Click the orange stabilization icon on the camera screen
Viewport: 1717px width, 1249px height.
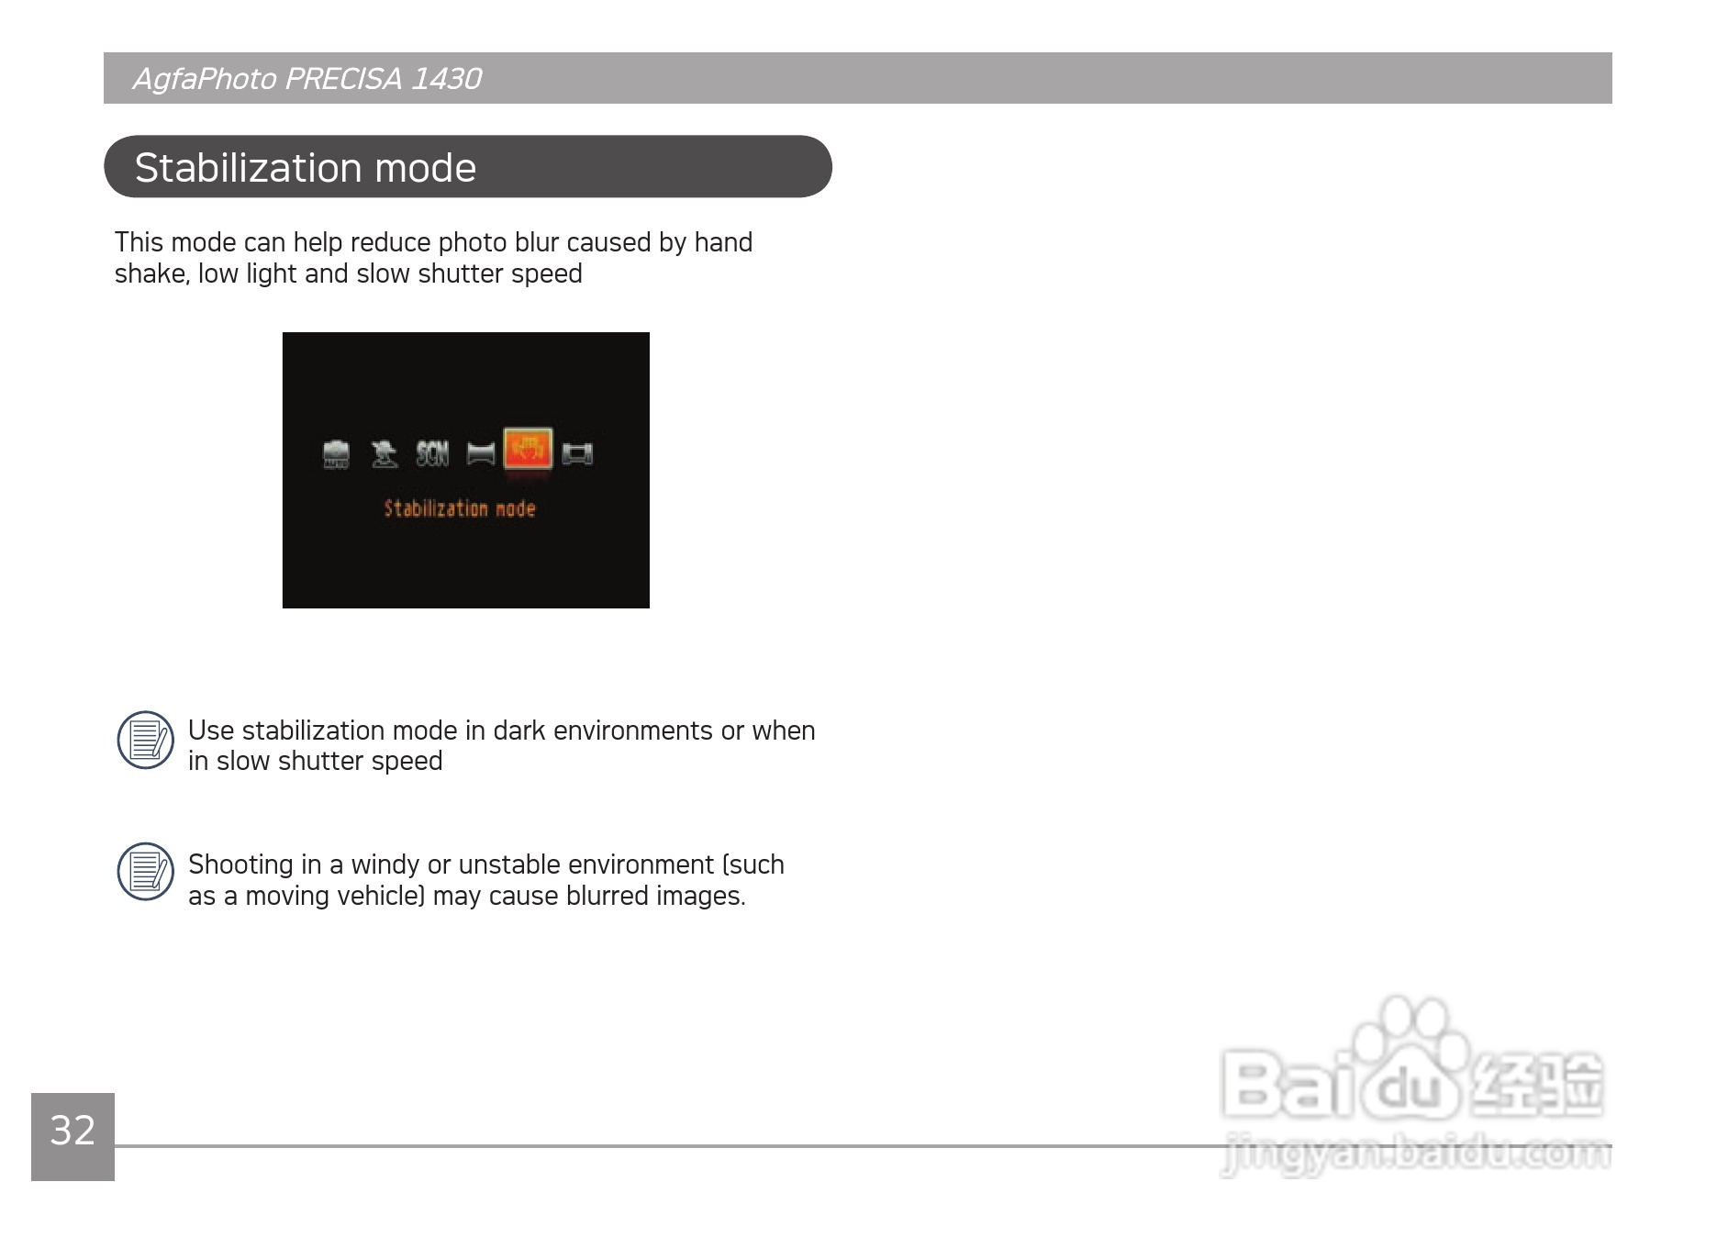click(x=528, y=450)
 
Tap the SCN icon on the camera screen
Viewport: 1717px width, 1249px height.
click(x=432, y=453)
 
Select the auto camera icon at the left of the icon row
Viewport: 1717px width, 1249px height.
click(x=337, y=454)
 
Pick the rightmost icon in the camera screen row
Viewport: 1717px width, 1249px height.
click(x=577, y=453)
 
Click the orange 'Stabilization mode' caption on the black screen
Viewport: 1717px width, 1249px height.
click(x=460, y=508)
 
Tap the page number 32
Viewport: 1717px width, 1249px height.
click(x=72, y=1131)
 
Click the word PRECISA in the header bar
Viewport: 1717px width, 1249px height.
click(x=343, y=79)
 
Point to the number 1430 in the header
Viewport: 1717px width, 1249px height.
click(x=446, y=79)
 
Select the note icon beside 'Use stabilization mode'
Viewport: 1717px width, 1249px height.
click(x=146, y=740)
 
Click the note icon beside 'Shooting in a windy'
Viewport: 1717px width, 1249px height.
click(x=146, y=872)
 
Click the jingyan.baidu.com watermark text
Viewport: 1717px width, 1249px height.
click(x=1416, y=1155)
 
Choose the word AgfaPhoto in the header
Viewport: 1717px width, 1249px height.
click(x=205, y=80)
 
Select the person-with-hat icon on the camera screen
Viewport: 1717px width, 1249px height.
click(x=385, y=453)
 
